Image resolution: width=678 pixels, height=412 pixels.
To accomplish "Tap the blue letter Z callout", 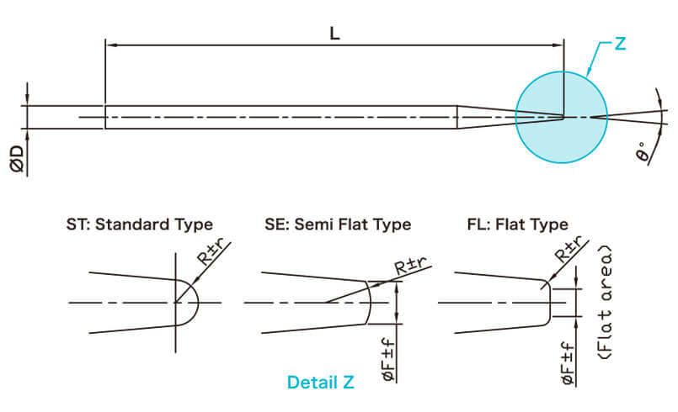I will click(620, 44).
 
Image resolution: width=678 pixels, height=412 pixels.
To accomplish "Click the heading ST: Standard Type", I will click(139, 224).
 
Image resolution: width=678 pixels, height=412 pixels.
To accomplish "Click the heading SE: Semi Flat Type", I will click(337, 224).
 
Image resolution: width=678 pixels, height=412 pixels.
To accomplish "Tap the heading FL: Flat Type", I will click(517, 224).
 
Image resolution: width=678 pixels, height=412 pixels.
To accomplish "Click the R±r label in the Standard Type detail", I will click(213, 253).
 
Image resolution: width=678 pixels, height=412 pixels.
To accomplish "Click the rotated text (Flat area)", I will click(603, 303).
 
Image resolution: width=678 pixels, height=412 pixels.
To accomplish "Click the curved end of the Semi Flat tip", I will click(371, 301).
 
